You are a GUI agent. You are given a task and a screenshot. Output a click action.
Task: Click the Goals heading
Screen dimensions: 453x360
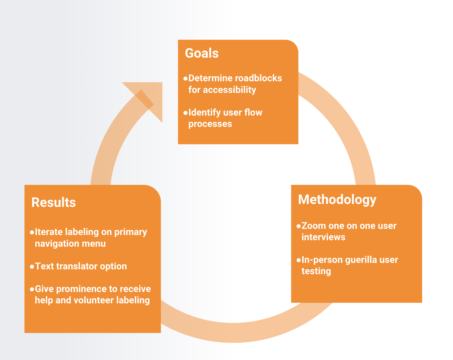click(202, 53)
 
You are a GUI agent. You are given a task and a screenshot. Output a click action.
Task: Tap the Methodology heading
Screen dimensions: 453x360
click(337, 200)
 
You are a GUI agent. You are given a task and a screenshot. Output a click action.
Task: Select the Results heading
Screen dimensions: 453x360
click(53, 203)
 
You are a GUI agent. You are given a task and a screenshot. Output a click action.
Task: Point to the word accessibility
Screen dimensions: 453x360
click(229, 90)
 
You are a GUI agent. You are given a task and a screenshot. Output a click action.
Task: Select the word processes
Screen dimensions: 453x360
click(210, 124)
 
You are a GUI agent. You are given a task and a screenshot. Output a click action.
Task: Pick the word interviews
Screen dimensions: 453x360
click(323, 237)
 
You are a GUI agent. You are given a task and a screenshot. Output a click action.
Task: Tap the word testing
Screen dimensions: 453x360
click(316, 271)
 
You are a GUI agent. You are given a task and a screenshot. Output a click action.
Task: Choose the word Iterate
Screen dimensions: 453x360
click(49, 232)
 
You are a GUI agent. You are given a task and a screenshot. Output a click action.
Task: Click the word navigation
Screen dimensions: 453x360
click(57, 244)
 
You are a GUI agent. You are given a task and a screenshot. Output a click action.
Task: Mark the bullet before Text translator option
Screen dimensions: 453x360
click(32, 267)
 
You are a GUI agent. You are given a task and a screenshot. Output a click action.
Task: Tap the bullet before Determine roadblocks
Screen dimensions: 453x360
click(185, 79)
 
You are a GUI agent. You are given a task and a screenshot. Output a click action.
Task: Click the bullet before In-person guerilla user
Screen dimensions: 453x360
click(298, 260)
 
